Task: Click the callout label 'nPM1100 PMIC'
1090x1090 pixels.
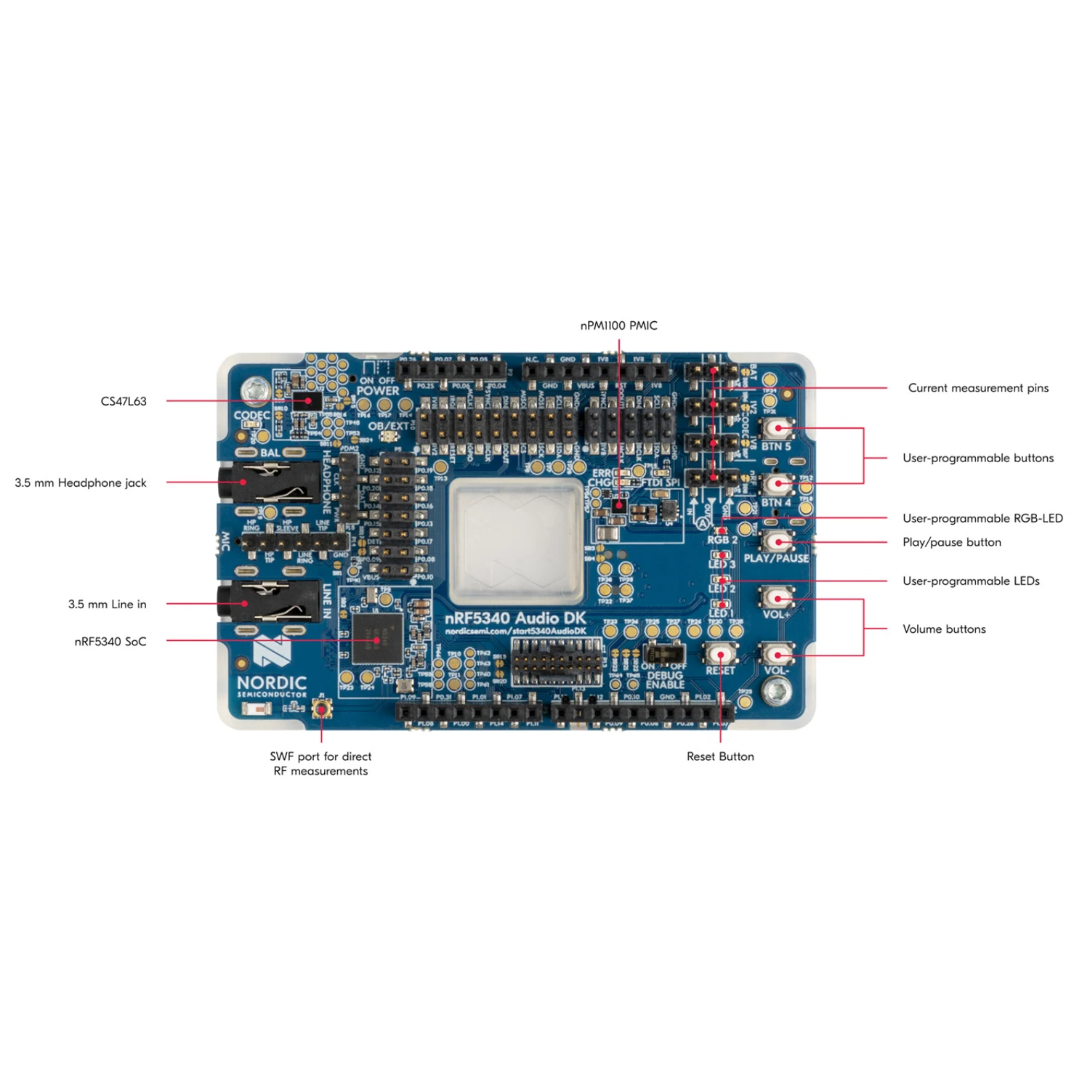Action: tap(618, 326)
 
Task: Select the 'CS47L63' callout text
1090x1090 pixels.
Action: tap(124, 401)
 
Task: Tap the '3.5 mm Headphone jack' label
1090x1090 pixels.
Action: tap(81, 483)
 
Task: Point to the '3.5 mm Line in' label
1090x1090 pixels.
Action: tap(107, 604)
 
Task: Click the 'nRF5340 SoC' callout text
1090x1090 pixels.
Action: tap(110, 642)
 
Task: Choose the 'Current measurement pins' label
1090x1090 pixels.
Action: tap(978, 388)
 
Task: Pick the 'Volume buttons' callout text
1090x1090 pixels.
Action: tap(944, 629)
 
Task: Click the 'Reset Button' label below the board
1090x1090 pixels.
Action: tap(720, 756)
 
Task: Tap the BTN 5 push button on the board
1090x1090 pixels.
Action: tap(778, 428)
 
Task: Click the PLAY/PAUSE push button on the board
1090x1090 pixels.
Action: tap(778, 541)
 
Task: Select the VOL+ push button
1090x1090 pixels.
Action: tap(778, 598)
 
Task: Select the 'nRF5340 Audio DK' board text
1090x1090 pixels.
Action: tap(515, 618)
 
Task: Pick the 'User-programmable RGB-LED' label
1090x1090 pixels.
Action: tap(982, 518)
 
